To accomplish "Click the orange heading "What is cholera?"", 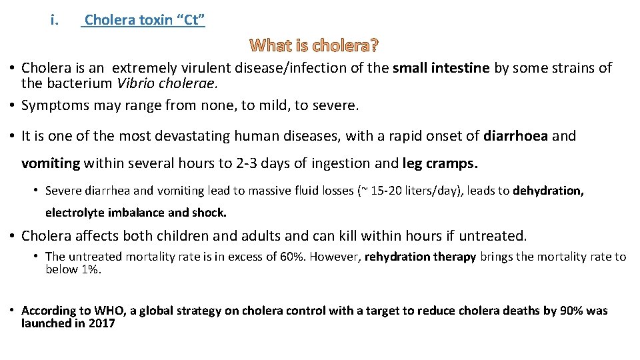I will click(314, 46).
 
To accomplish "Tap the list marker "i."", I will click(55, 20).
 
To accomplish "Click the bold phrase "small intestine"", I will click(441, 68).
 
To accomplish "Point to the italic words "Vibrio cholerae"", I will click(176, 84).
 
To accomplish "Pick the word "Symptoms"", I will click(52, 105).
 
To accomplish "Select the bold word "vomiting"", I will click(51, 163).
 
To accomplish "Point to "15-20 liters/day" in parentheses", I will click(411, 191).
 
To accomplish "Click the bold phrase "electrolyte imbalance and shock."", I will click(136, 213).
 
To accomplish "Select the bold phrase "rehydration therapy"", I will click(420, 257).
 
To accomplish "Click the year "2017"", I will click(101, 323).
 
